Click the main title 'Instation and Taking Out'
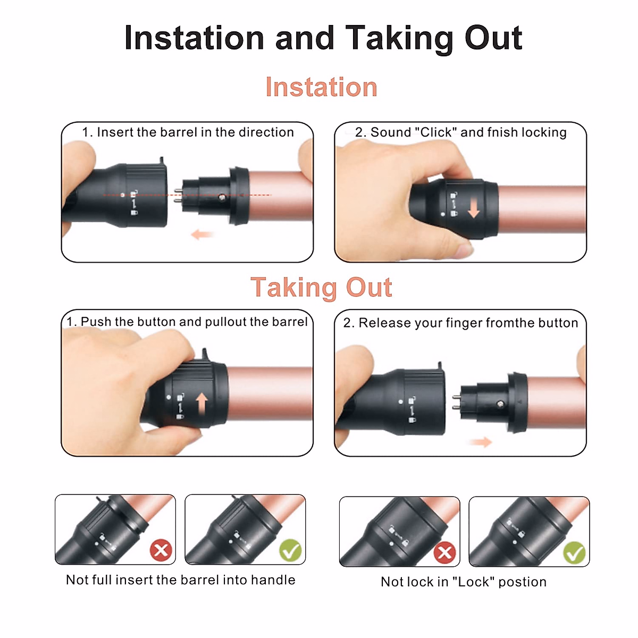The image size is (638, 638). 323,38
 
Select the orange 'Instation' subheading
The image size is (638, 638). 321,87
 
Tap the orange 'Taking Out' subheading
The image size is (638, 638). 321,288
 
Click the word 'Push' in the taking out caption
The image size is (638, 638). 96,322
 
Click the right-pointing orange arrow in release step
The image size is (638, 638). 481,442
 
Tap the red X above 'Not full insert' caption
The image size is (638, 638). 161,550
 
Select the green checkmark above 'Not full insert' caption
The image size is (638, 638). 291,551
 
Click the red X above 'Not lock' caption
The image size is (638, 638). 444,553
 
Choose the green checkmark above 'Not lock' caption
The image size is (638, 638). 574,553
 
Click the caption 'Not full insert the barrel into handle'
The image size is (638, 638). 180,580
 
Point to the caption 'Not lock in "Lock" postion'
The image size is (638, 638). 464,582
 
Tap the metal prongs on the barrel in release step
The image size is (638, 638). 456,402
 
